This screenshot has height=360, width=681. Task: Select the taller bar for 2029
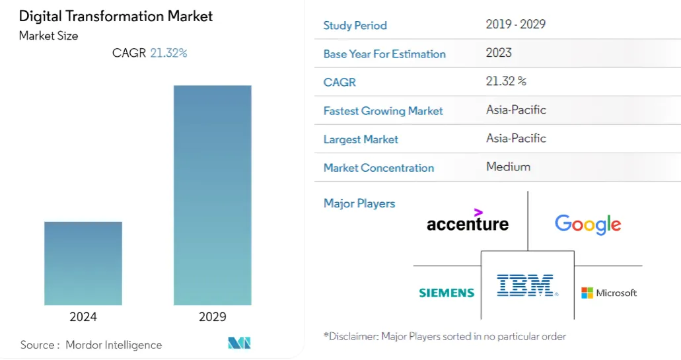click(x=212, y=195)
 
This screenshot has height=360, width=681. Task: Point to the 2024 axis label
click(x=83, y=317)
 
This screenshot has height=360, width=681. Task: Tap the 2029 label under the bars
click(x=212, y=317)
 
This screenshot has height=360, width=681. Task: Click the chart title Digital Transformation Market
click(x=116, y=16)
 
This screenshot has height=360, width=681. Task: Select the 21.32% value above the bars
click(x=168, y=53)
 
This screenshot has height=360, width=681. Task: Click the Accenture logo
click(x=467, y=223)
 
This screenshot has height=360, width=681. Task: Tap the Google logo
click(x=588, y=224)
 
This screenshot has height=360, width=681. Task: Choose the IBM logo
click(x=527, y=285)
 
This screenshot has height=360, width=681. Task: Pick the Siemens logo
click(x=447, y=293)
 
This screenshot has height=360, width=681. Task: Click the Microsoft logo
click(x=608, y=293)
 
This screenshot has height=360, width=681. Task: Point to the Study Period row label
click(x=355, y=26)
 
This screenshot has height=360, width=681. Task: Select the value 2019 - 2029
click(x=515, y=24)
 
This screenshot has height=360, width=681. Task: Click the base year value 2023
click(x=499, y=53)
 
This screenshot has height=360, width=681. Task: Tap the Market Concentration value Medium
click(x=508, y=166)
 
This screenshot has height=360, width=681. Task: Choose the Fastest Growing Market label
click(x=383, y=111)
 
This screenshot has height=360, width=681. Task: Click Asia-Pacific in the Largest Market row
click(x=516, y=138)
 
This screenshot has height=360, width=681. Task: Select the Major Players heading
click(x=359, y=203)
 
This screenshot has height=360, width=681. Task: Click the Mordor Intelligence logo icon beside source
click(x=239, y=343)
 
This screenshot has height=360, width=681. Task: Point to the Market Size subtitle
click(x=48, y=36)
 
